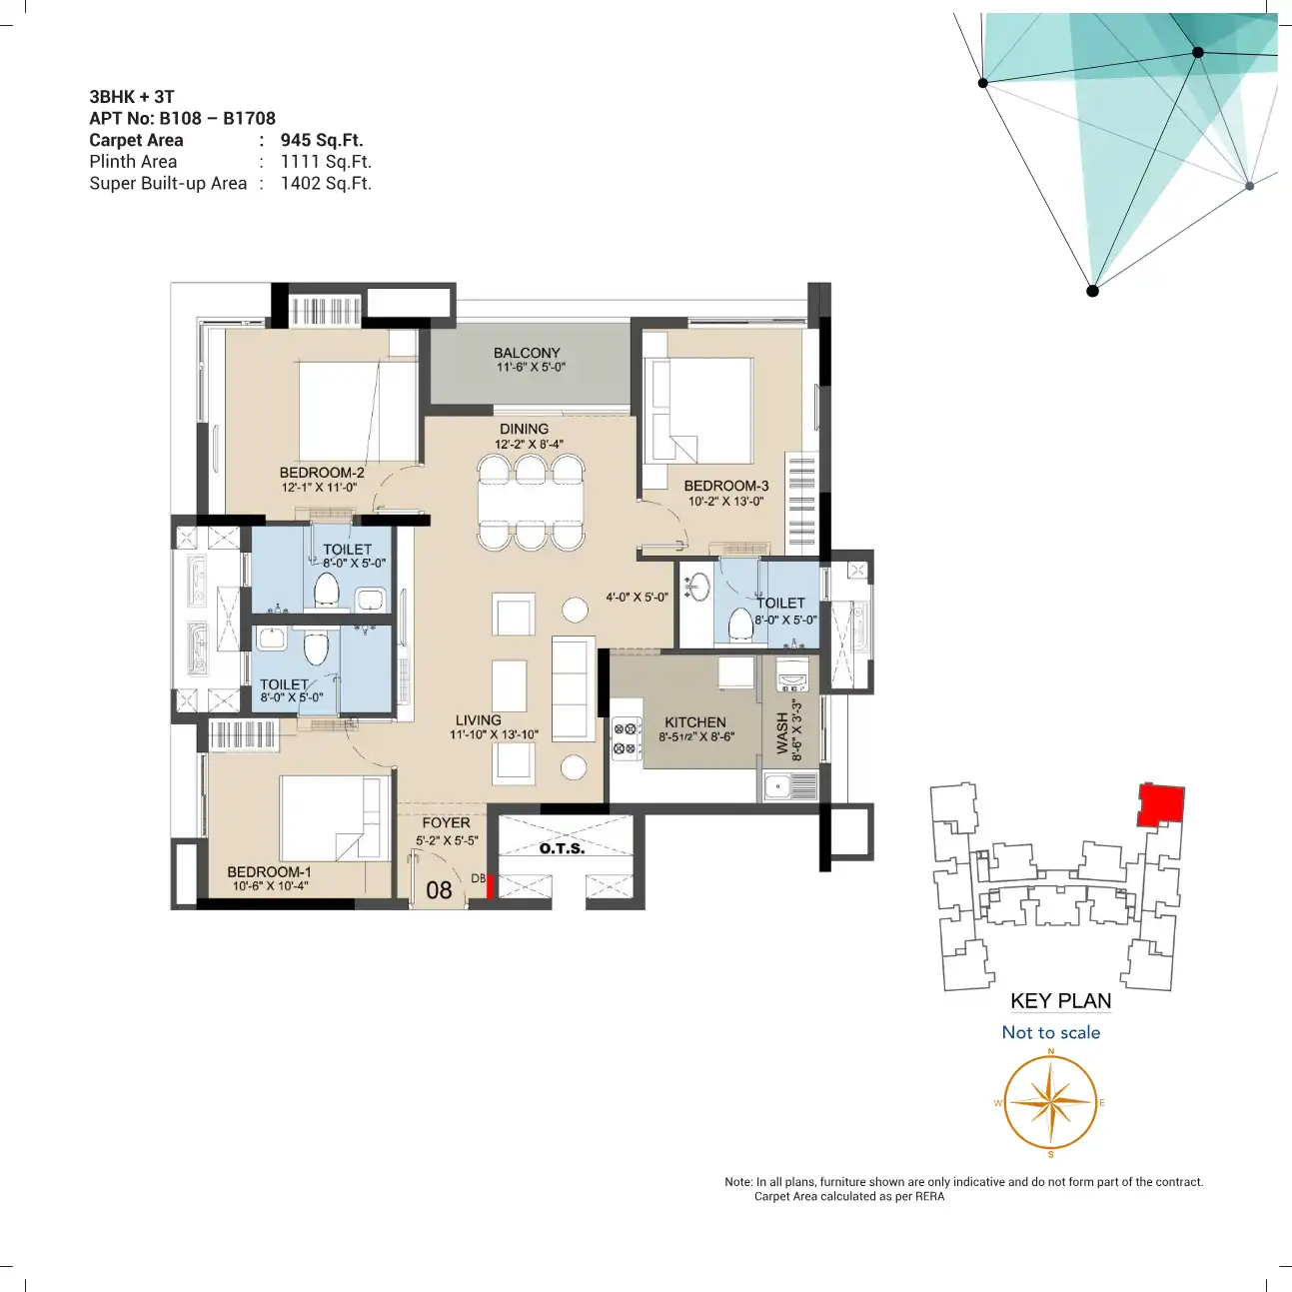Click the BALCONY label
point(527,353)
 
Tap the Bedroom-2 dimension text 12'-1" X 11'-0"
point(319,488)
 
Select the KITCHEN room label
point(695,722)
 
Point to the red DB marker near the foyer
point(490,886)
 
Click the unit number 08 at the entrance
point(439,890)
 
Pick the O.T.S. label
point(562,848)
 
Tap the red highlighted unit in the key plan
point(1161,804)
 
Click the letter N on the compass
point(1050,1051)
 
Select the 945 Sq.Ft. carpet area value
point(322,140)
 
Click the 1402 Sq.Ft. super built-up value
point(326,183)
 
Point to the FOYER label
point(446,822)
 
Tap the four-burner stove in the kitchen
point(627,738)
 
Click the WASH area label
point(782,733)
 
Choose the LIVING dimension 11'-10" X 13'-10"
point(495,734)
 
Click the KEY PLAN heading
point(1061,1001)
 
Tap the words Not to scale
point(1050,1032)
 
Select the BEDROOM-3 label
point(726,486)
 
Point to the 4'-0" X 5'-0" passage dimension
point(637,597)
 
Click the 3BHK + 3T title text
point(132,97)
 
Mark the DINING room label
point(524,429)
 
